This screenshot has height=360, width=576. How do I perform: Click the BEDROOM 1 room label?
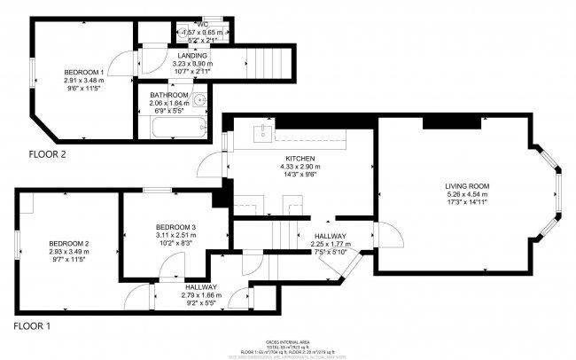click(x=83, y=72)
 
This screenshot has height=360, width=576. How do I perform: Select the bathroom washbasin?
click(x=199, y=99)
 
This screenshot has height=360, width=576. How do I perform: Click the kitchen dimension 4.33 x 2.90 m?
click(x=292, y=166)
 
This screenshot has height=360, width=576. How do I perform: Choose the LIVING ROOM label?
click(x=467, y=185)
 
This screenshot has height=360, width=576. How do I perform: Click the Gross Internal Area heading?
click(x=288, y=340)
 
